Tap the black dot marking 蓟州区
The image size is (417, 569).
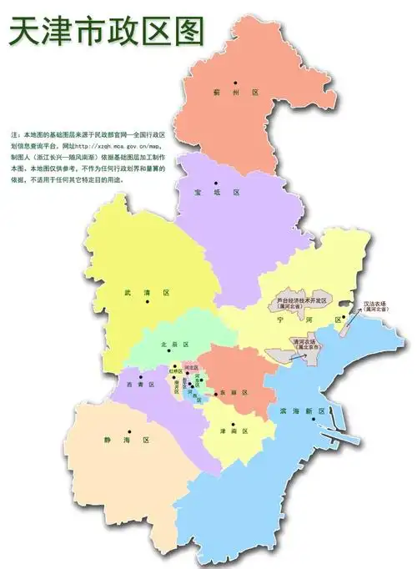pyautogui.click(x=237, y=82)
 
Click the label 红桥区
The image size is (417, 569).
pyautogui.click(x=176, y=370)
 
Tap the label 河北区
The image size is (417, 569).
pyautogui.click(x=191, y=367)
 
